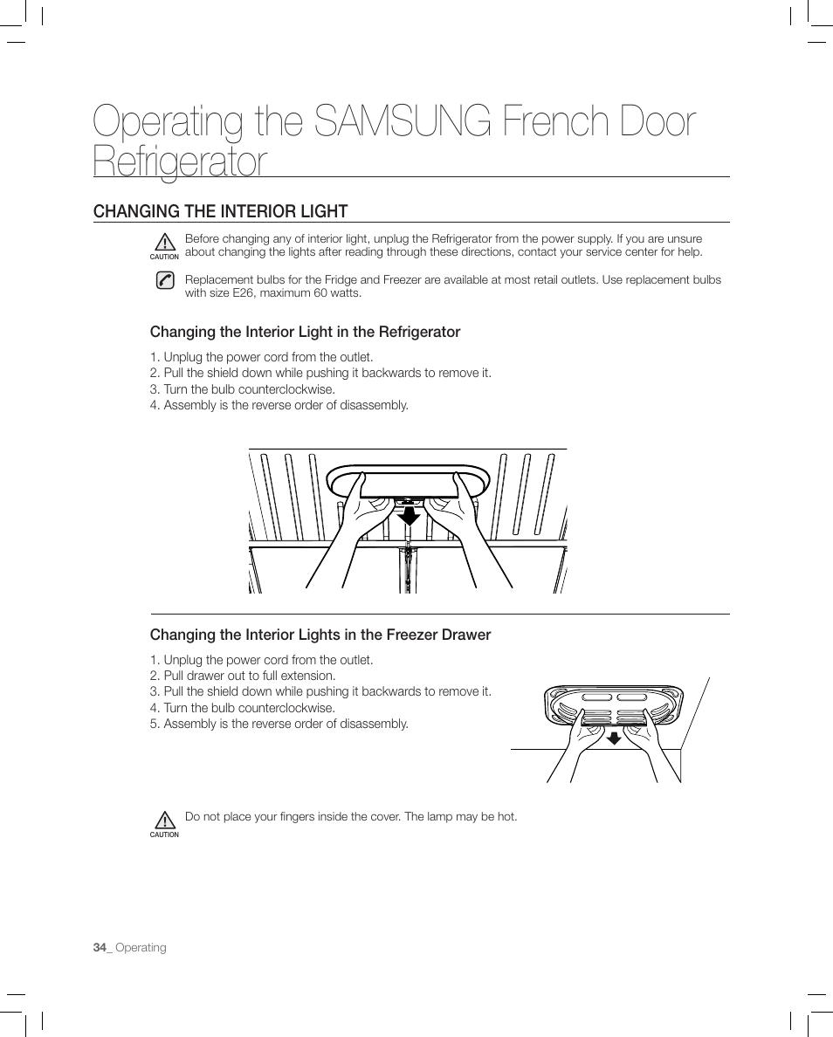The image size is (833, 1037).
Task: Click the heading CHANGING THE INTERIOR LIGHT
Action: pyautogui.click(x=221, y=211)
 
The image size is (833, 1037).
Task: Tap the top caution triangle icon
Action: pyautogui.click(x=164, y=243)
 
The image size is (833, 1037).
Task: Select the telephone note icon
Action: pyautogui.click(x=164, y=280)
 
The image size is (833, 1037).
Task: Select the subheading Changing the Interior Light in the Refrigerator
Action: pyautogui.click(x=305, y=332)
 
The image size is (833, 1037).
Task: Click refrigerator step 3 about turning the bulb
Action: pyautogui.click(x=242, y=389)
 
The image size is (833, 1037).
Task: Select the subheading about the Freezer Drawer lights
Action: pyautogui.click(x=320, y=635)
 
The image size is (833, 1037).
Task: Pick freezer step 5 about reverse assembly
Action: pyautogui.click(x=279, y=724)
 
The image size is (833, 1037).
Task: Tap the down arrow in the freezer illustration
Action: pyautogui.click(x=614, y=738)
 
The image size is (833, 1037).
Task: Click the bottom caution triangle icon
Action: pyautogui.click(x=164, y=821)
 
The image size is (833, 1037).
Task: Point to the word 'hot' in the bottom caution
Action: pyautogui.click(x=506, y=817)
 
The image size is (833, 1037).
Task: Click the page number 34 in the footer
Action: pyautogui.click(x=100, y=948)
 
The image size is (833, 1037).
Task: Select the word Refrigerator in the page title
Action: pyautogui.click(x=180, y=162)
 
